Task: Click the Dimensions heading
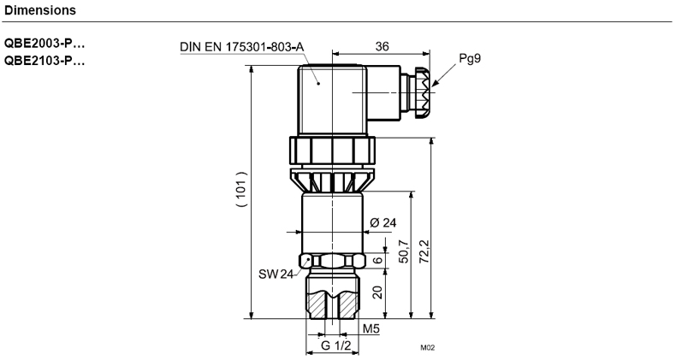40,10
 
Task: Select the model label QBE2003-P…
44,44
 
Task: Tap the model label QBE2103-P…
44,61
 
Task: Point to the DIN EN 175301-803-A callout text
242,46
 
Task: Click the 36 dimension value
382,46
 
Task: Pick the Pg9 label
470,58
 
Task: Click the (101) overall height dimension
242,190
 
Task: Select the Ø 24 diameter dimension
382,222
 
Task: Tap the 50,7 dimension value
404,251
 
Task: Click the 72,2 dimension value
424,251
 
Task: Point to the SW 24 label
276,274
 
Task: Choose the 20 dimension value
377,292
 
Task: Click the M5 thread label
371,329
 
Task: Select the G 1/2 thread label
336,345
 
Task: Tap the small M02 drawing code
428,348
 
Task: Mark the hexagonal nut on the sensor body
332,261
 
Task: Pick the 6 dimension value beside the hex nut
377,260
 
